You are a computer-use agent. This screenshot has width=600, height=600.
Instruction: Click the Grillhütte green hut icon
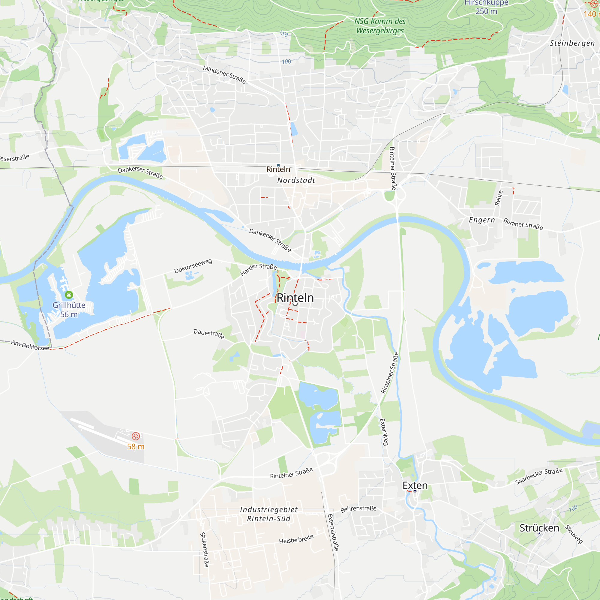(x=69, y=294)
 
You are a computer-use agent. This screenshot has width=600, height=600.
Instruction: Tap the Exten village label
(x=415, y=485)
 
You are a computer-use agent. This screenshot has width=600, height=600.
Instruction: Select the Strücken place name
(x=539, y=528)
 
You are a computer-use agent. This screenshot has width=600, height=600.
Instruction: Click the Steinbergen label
(x=572, y=43)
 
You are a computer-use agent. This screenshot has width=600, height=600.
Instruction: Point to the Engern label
(x=482, y=220)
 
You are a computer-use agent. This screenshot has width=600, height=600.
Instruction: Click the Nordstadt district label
(x=296, y=180)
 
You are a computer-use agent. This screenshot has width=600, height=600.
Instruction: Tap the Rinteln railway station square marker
(x=278, y=165)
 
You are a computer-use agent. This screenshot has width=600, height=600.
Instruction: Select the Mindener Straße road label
(x=224, y=74)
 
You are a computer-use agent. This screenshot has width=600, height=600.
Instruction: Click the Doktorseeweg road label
(x=193, y=266)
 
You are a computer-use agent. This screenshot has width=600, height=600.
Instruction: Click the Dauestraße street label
(x=209, y=334)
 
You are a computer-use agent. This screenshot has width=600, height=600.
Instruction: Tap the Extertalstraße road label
(x=333, y=532)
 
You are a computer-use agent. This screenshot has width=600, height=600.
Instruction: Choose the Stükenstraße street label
(x=204, y=550)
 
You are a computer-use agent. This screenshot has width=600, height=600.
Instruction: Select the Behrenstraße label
(x=358, y=509)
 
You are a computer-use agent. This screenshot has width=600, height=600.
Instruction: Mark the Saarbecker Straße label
(x=539, y=476)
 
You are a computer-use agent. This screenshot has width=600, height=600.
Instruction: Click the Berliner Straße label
(x=523, y=224)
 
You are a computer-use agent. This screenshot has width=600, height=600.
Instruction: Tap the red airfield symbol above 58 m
(x=136, y=436)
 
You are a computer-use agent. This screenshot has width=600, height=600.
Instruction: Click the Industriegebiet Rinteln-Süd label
(x=268, y=514)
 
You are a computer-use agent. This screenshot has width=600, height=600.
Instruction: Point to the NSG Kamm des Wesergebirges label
(x=380, y=26)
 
